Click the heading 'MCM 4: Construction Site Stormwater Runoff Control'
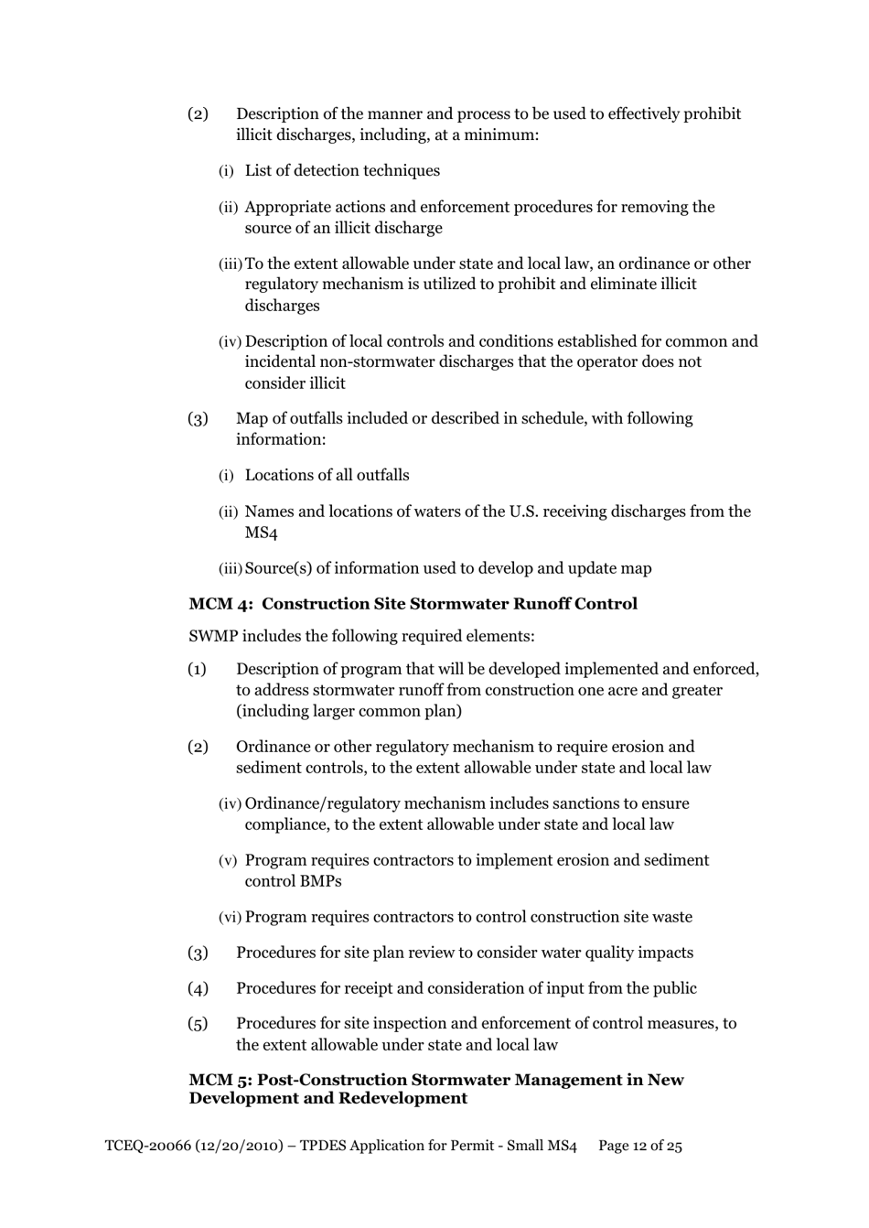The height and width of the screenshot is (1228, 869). click(x=413, y=604)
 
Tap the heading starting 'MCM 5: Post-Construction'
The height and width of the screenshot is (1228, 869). click(x=435, y=1089)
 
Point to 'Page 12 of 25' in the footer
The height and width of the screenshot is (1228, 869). click(x=639, y=1146)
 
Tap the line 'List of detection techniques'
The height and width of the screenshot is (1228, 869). click(x=342, y=171)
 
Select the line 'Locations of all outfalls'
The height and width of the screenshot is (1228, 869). click(x=327, y=475)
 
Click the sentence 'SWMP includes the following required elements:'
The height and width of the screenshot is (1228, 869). click(x=361, y=636)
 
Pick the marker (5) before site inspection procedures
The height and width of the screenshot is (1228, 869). click(x=198, y=1024)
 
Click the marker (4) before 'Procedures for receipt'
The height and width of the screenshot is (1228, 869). click(x=198, y=988)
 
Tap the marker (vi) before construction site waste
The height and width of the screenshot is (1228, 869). click(x=230, y=917)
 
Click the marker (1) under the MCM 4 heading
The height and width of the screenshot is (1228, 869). click(x=198, y=669)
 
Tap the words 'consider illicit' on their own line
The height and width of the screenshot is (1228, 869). click(x=295, y=383)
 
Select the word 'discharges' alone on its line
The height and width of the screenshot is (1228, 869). click(x=282, y=306)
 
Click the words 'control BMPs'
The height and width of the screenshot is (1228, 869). click(x=293, y=881)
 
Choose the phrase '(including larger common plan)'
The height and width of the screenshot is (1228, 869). click(x=349, y=711)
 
